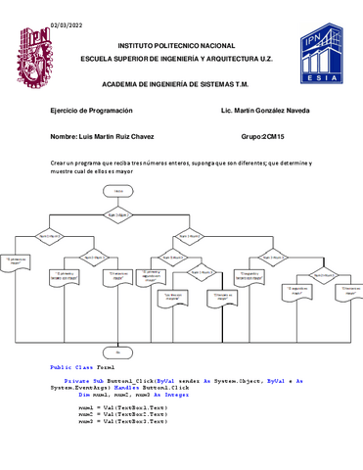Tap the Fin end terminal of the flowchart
[117, 350]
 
